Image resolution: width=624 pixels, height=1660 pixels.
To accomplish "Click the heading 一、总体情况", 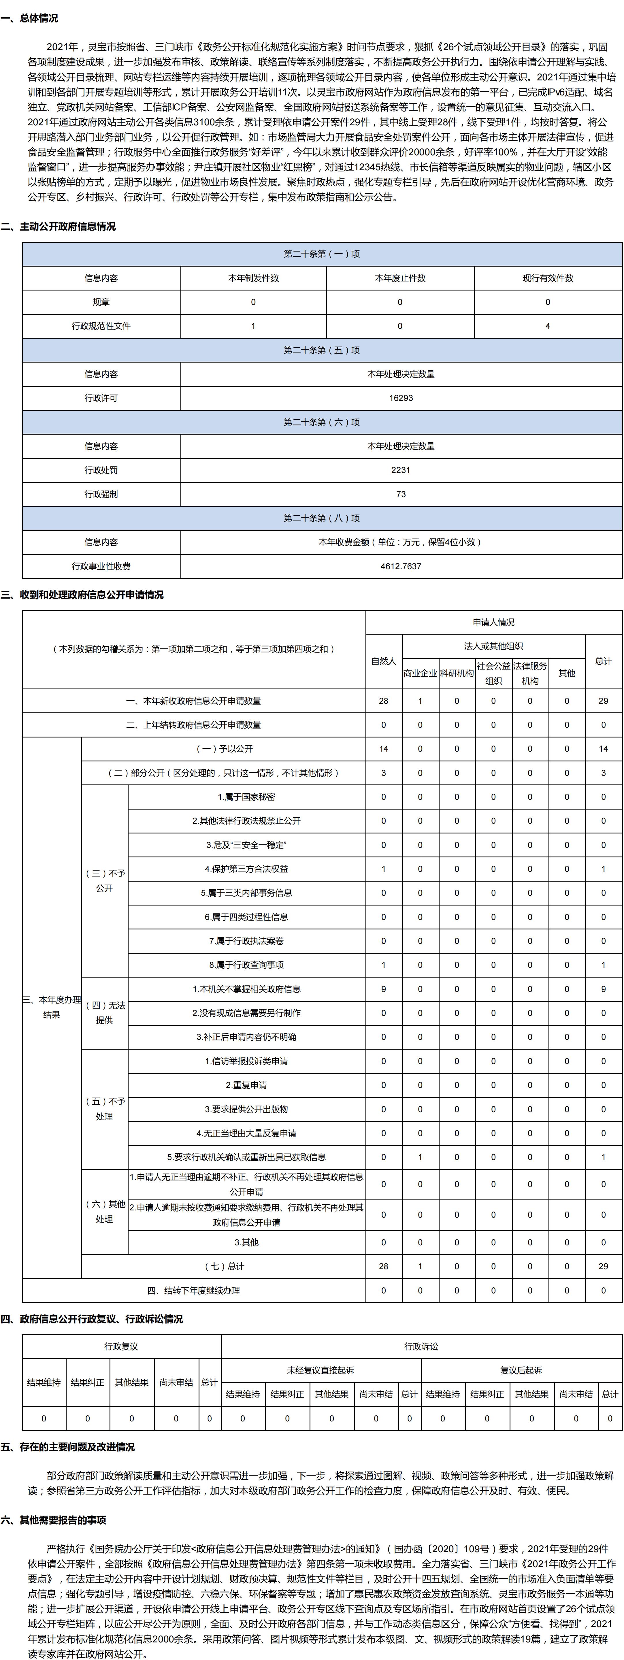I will click(30, 18).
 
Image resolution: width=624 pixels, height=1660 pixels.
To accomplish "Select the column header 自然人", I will click(384, 661).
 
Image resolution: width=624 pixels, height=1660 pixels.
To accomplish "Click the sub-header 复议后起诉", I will click(521, 1370).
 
